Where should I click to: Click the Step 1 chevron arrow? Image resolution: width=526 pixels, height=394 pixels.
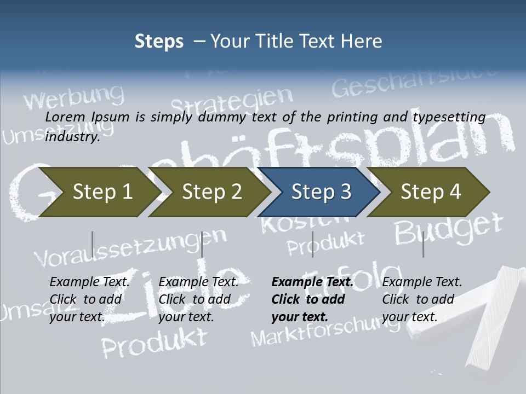tap(99, 192)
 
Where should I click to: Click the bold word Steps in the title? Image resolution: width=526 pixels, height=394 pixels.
tap(159, 41)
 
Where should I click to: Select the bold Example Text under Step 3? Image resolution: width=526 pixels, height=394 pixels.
tap(312, 282)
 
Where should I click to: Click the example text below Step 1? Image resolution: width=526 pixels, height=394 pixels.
tap(89, 299)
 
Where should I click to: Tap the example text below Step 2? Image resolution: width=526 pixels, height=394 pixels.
tap(198, 299)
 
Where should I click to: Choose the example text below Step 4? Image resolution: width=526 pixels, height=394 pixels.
tap(422, 299)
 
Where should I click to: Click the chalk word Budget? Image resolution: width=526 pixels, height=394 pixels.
tap(448, 228)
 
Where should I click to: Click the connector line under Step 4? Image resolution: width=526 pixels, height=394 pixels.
tap(423, 244)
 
